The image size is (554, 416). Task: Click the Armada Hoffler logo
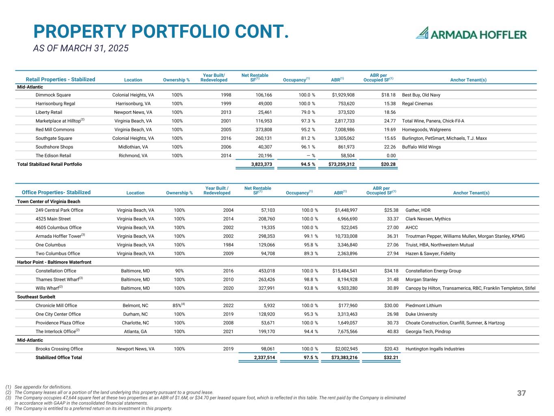[x=471, y=33]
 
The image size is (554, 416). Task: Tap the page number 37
[x=522, y=393]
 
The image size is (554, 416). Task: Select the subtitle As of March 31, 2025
[x=81, y=48]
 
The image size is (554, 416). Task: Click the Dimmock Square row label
[x=53, y=95]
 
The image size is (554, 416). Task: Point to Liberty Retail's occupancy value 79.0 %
[x=303, y=112]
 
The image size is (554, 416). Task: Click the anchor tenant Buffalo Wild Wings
[x=421, y=147]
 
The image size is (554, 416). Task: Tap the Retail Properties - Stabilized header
[x=60, y=80]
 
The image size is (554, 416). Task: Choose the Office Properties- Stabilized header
[x=56, y=193]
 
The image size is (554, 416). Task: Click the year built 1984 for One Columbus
[x=228, y=245]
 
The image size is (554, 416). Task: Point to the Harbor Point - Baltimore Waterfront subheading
[x=54, y=262]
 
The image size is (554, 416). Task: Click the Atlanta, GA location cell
[x=136, y=331]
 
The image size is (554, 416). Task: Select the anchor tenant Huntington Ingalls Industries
[x=435, y=349]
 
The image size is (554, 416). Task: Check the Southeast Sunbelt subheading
[x=36, y=297]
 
